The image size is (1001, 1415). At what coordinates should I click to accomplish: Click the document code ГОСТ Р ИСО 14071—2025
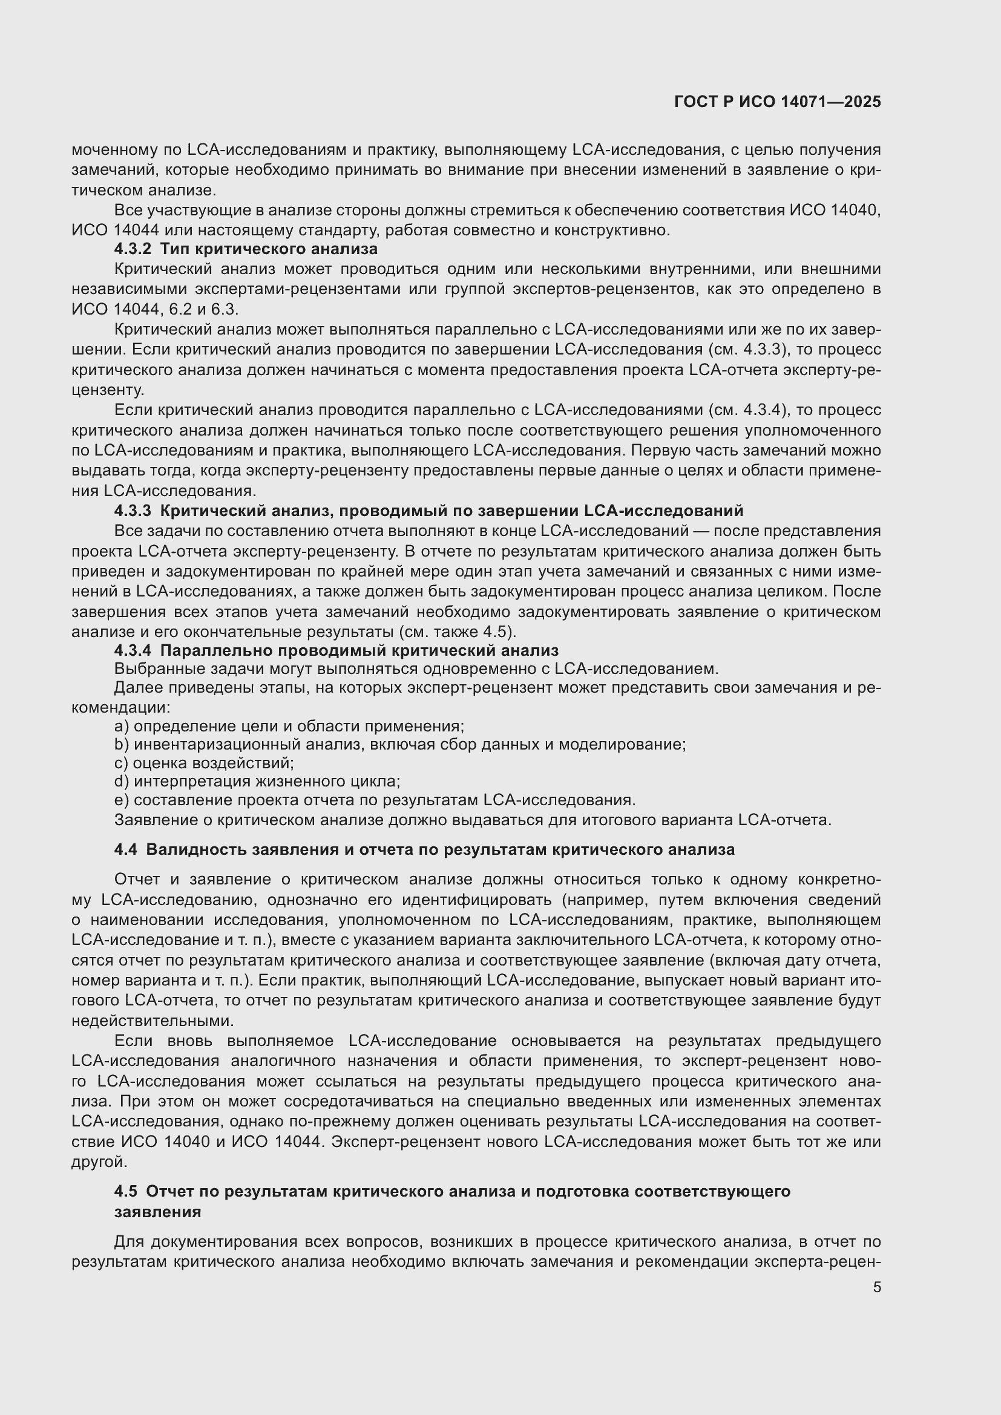pos(777,102)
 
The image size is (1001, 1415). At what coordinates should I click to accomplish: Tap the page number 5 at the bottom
pos(876,1287)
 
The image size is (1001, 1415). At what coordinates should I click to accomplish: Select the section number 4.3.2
pos(133,249)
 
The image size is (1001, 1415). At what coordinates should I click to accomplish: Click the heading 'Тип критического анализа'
pos(269,249)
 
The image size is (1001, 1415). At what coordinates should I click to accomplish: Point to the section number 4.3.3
pos(133,511)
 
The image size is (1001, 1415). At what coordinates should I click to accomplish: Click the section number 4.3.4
pos(133,650)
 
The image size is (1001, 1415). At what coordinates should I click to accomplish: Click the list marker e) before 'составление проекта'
pos(122,800)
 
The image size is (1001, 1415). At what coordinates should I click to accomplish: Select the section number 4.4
pos(126,850)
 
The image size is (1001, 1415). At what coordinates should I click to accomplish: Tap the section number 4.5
pos(126,1191)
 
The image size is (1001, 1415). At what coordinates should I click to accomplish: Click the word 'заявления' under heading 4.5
pos(158,1212)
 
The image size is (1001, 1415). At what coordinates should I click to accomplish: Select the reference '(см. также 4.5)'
pos(458,632)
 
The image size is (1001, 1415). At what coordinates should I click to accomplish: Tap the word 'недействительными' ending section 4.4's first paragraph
pos(153,1021)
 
